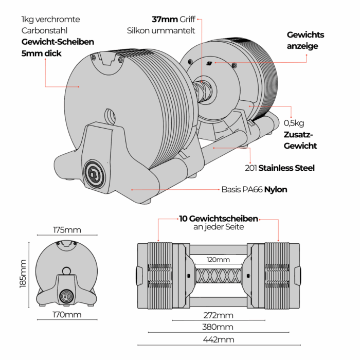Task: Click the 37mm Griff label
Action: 173,20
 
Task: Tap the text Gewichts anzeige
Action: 305,40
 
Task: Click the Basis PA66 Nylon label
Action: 254,189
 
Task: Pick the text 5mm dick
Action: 41,53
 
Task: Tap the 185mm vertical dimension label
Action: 23,274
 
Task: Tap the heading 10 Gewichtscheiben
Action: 218,219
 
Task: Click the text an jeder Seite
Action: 218,227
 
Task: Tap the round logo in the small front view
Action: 66,295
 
